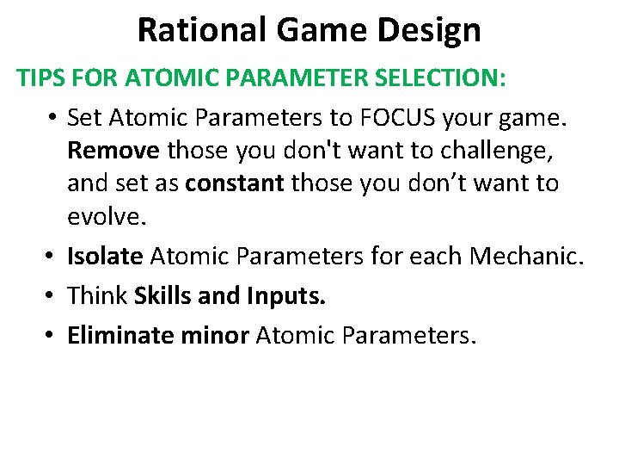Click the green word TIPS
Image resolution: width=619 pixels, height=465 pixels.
click(42, 78)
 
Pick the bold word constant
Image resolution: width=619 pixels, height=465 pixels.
click(236, 183)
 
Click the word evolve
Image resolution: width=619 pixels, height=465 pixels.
click(107, 217)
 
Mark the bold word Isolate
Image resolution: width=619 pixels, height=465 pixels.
click(106, 256)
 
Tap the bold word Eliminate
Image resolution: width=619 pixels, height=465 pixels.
click(123, 334)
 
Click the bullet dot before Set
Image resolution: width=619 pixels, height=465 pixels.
click(52, 116)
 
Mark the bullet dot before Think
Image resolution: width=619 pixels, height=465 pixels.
click(52, 296)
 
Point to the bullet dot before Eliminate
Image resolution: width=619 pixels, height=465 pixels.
click(52, 335)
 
